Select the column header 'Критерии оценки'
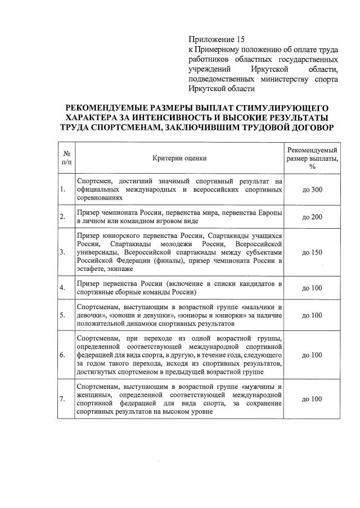(179, 158)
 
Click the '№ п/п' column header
(66, 158)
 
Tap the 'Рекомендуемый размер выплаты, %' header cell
(312, 158)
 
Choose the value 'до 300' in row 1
(312, 190)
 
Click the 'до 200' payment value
(312, 217)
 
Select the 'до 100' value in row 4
(312, 288)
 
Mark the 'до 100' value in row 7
(312, 399)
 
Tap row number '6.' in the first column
(62, 355)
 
